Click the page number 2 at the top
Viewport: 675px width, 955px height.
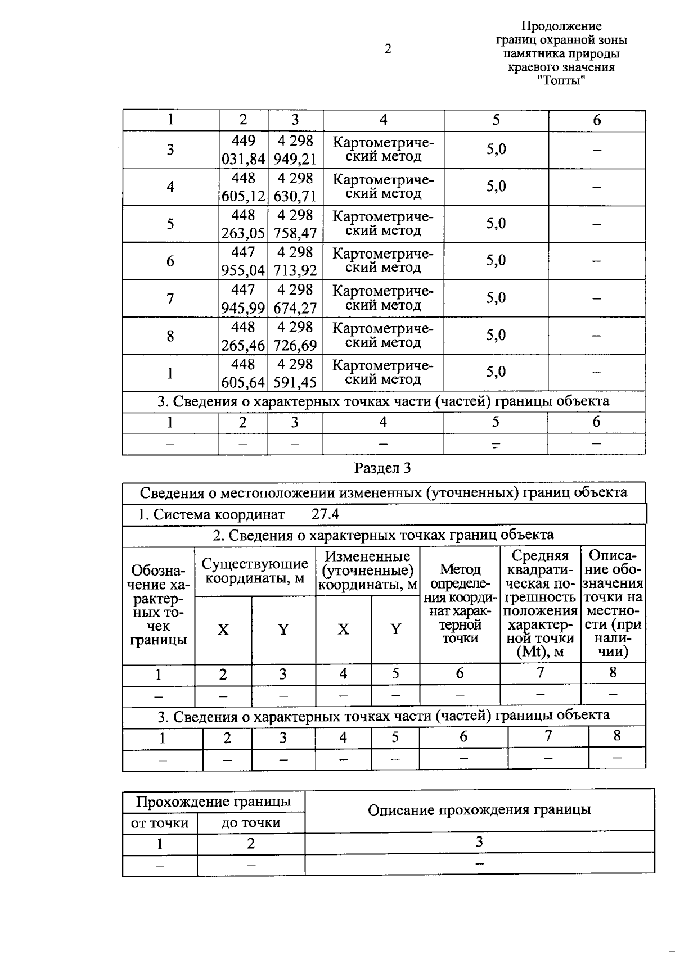point(388,49)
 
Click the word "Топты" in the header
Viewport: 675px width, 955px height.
point(561,80)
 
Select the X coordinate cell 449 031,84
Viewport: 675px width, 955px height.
point(243,150)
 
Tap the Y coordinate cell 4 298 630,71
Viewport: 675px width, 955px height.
point(295,187)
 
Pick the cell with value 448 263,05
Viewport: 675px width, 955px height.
point(243,224)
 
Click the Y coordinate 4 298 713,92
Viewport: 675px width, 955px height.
point(295,261)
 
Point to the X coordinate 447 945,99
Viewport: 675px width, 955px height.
point(243,298)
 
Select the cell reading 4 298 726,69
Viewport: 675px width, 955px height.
point(295,336)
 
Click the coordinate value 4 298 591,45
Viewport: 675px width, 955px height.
point(295,373)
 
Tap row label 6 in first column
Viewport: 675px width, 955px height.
point(170,261)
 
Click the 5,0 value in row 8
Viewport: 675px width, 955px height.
point(496,336)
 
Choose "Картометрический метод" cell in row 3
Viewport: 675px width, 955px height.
point(384,150)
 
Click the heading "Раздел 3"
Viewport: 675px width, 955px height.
point(382,468)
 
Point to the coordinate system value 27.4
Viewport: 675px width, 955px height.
point(325,514)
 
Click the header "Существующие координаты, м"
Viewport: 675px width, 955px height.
point(255,571)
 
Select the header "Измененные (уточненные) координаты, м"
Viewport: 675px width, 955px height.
point(368,571)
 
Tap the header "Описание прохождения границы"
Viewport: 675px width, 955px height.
point(479,810)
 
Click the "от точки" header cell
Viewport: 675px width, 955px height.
point(160,823)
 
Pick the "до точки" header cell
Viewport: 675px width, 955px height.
point(251,823)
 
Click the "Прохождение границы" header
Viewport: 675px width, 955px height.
point(214,802)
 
